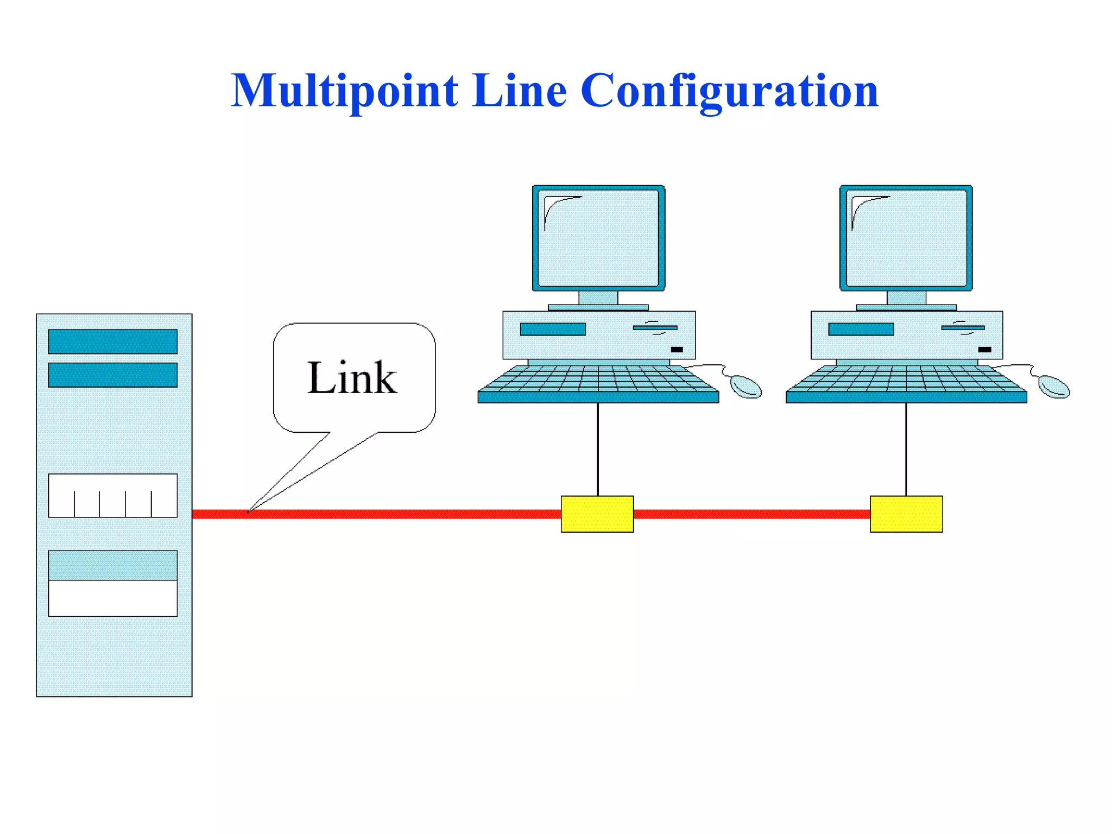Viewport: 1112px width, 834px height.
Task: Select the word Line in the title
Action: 519,91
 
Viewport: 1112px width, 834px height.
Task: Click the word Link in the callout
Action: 352,377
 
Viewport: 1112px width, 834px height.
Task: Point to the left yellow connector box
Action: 597,514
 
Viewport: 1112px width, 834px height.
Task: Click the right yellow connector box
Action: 906,514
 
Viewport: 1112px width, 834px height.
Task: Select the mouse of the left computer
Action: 746,387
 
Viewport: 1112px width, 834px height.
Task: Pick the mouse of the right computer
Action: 1054,387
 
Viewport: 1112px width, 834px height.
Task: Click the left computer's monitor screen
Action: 598,238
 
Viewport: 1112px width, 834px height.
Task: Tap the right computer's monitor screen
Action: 906,238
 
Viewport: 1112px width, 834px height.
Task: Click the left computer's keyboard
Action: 598,383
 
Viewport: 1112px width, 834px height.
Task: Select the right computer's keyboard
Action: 906,383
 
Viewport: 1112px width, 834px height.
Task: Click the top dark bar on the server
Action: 112,342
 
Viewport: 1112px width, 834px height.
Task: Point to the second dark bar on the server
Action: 112,375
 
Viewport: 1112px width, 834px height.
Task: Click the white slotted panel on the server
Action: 112,495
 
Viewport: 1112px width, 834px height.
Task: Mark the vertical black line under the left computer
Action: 598,449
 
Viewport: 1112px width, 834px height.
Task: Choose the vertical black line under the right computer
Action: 906,449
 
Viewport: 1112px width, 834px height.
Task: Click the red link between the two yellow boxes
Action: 751,514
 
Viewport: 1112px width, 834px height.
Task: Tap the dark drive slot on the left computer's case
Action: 553,329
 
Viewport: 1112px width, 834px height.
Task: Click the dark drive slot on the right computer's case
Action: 861,329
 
